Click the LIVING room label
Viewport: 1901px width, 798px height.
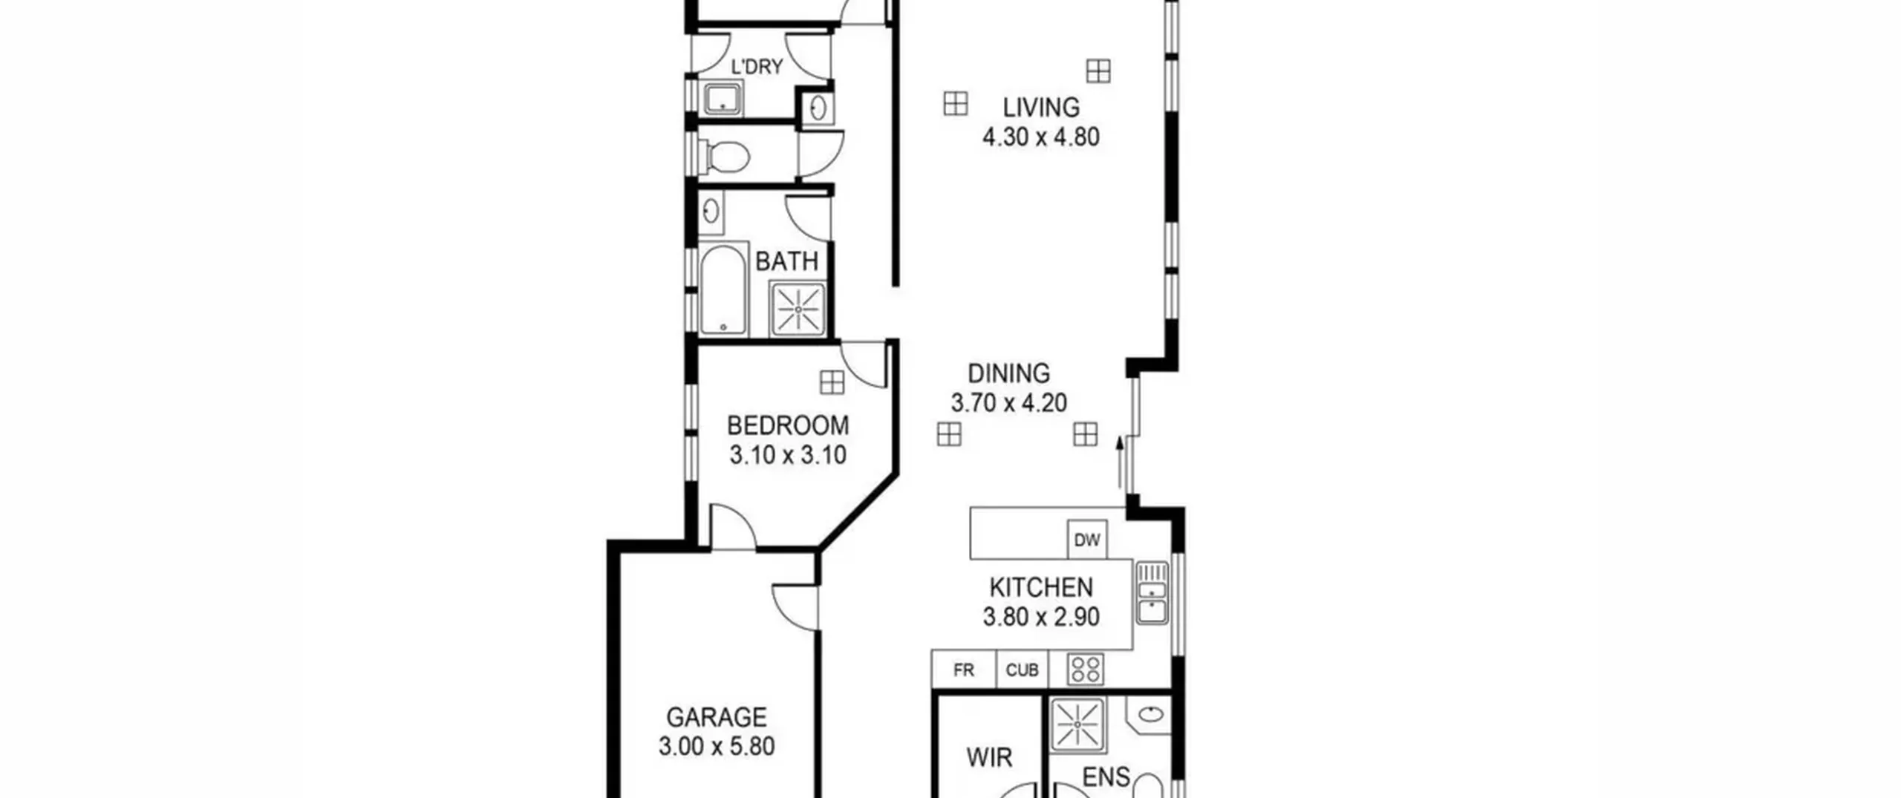(x=1041, y=108)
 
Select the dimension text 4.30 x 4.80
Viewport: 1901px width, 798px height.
(x=1041, y=137)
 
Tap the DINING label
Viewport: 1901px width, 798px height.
(x=1009, y=373)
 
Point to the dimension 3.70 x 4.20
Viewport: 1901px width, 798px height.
(x=1009, y=402)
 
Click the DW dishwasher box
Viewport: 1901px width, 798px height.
(x=1087, y=540)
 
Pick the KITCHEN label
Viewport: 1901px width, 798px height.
(x=1041, y=587)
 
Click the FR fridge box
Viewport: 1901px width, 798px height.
(x=964, y=670)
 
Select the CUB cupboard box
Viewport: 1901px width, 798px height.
(x=1022, y=670)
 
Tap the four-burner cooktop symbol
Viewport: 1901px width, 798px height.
(x=1086, y=670)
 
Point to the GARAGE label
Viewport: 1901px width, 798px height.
(x=717, y=717)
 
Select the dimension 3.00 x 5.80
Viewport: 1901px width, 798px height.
(x=717, y=746)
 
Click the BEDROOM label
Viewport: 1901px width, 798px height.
(x=788, y=425)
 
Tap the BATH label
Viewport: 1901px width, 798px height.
(x=786, y=261)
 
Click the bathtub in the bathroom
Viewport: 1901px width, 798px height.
(x=723, y=290)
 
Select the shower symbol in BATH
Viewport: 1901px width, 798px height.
(x=798, y=309)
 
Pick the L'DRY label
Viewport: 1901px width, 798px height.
(x=757, y=67)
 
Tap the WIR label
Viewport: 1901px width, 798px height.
(x=989, y=757)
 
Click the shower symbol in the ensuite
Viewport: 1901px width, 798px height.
(x=1077, y=724)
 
